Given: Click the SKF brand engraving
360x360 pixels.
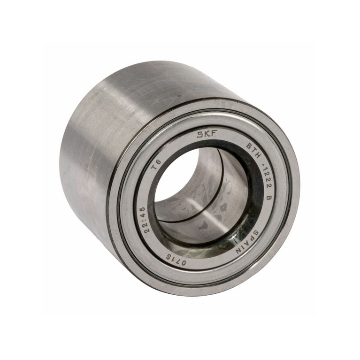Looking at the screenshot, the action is [x=207, y=134].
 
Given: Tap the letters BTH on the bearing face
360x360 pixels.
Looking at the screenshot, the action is [x=254, y=152].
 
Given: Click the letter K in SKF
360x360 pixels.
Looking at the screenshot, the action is [x=207, y=134].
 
